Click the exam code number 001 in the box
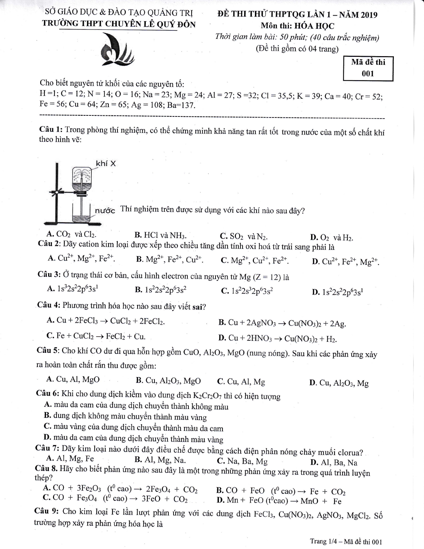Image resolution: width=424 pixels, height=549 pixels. [368, 73]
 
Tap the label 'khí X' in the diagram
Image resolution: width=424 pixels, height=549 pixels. [106, 163]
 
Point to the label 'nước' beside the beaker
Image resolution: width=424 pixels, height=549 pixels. [105, 210]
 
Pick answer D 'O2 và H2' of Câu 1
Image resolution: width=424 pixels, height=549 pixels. [332, 238]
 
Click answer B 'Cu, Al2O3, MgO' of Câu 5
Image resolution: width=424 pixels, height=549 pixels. [168, 381]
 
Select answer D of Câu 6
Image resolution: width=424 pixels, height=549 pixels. [134, 439]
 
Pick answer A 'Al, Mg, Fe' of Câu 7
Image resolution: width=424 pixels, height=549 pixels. [70, 459]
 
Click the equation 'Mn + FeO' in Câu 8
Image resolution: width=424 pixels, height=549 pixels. [279, 501]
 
